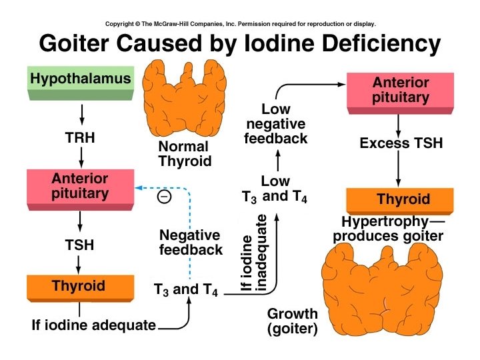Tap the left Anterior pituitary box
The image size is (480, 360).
pyautogui.click(x=80, y=187)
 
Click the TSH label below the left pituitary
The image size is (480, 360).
pyautogui.click(x=80, y=245)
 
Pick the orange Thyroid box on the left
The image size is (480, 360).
pyautogui.click(x=79, y=286)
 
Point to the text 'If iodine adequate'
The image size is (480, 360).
pyautogui.click(x=93, y=325)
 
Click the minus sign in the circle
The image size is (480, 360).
pyautogui.click(x=164, y=197)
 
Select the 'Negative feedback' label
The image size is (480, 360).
pyautogui.click(x=191, y=243)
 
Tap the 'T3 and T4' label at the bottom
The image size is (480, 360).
pyautogui.click(x=186, y=290)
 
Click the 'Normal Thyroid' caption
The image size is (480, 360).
pyautogui.click(x=184, y=153)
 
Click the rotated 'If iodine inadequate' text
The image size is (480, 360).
pyautogui.click(x=253, y=253)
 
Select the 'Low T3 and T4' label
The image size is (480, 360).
pyautogui.click(x=275, y=189)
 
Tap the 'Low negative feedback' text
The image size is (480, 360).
pyautogui.click(x=276, y=124)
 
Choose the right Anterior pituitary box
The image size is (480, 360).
pyautogui.click(x=400, y=91)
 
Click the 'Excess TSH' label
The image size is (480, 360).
pyautogui.click(x=401, y=143)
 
